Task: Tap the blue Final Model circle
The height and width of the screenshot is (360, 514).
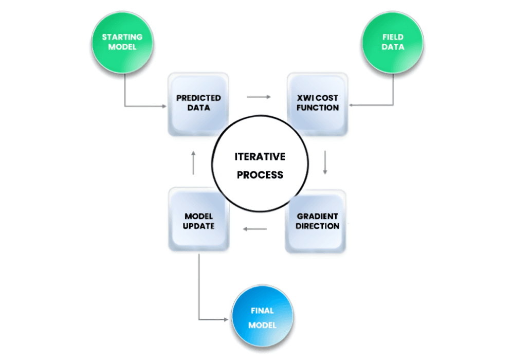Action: [x=262, y=318]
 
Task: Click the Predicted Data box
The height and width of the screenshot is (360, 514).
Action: [x=198, y=103]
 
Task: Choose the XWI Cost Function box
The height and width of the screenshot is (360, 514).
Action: [x=317, y=103]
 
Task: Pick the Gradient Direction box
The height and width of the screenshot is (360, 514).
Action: [x=317, y=221]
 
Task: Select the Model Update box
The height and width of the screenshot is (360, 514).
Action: [x=198, y=221]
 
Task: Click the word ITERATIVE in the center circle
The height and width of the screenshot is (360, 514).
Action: [x=260, y=157]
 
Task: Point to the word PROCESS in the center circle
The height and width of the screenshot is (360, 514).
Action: [x=260, y=175]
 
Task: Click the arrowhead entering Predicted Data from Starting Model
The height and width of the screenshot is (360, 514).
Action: [x=164, y=106]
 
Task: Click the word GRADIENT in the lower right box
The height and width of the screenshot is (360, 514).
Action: [x=317, y=216]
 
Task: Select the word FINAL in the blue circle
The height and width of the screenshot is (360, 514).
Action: [x=262, y=311]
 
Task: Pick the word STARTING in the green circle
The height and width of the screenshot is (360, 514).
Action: [x=122, y=37]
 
